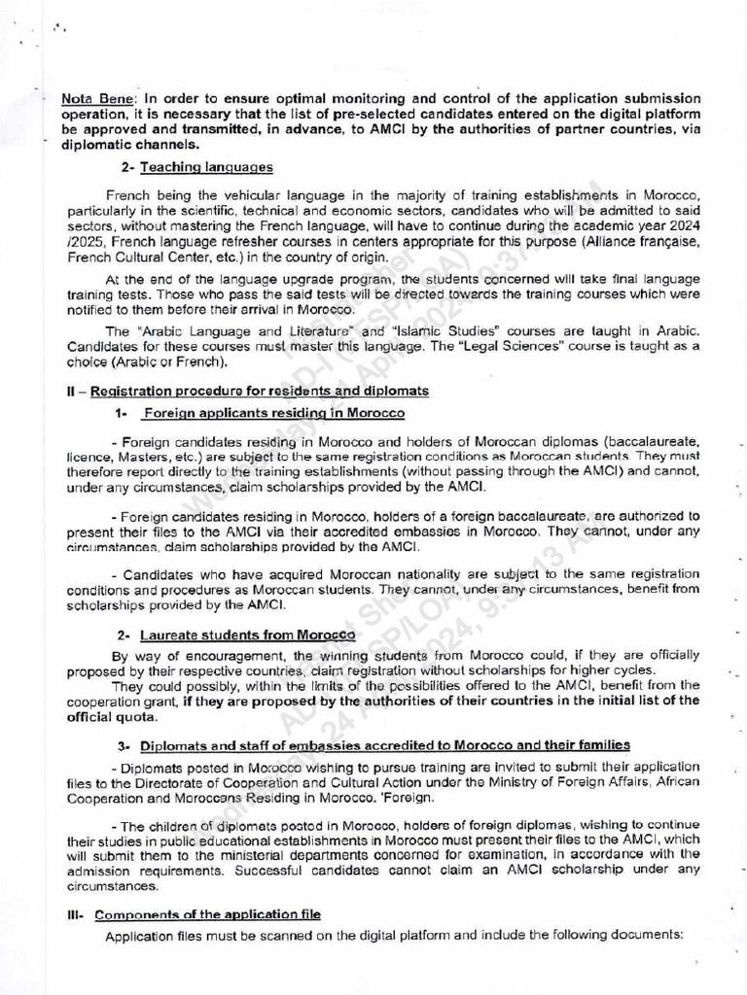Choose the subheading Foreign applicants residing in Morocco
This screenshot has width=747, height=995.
coord(273,413)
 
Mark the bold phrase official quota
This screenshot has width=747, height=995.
coord(110,717)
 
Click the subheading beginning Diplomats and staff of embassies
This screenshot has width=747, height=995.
coord(384,745)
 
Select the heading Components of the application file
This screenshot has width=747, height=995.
coord(205,915)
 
